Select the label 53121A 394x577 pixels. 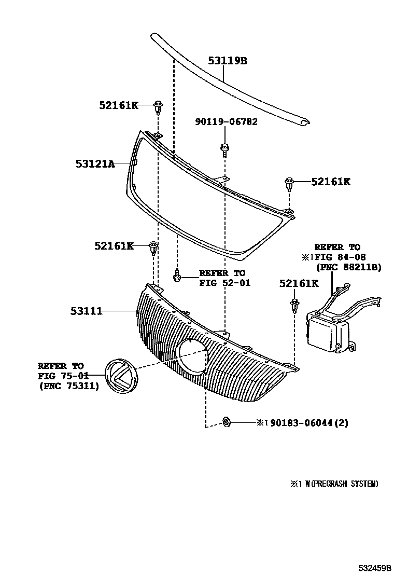[x=95, y=164]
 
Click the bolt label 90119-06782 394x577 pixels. [x=226, y=122]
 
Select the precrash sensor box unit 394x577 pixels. [x=328, y=330]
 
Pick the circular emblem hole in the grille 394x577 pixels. [x=192, y=359]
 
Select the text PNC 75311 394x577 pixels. [x=68, y=386]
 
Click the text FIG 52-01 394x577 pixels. [x=224, y=283]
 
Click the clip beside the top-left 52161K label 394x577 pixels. [x=158, y=108]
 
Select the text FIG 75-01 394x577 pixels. [x=63, y=376]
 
